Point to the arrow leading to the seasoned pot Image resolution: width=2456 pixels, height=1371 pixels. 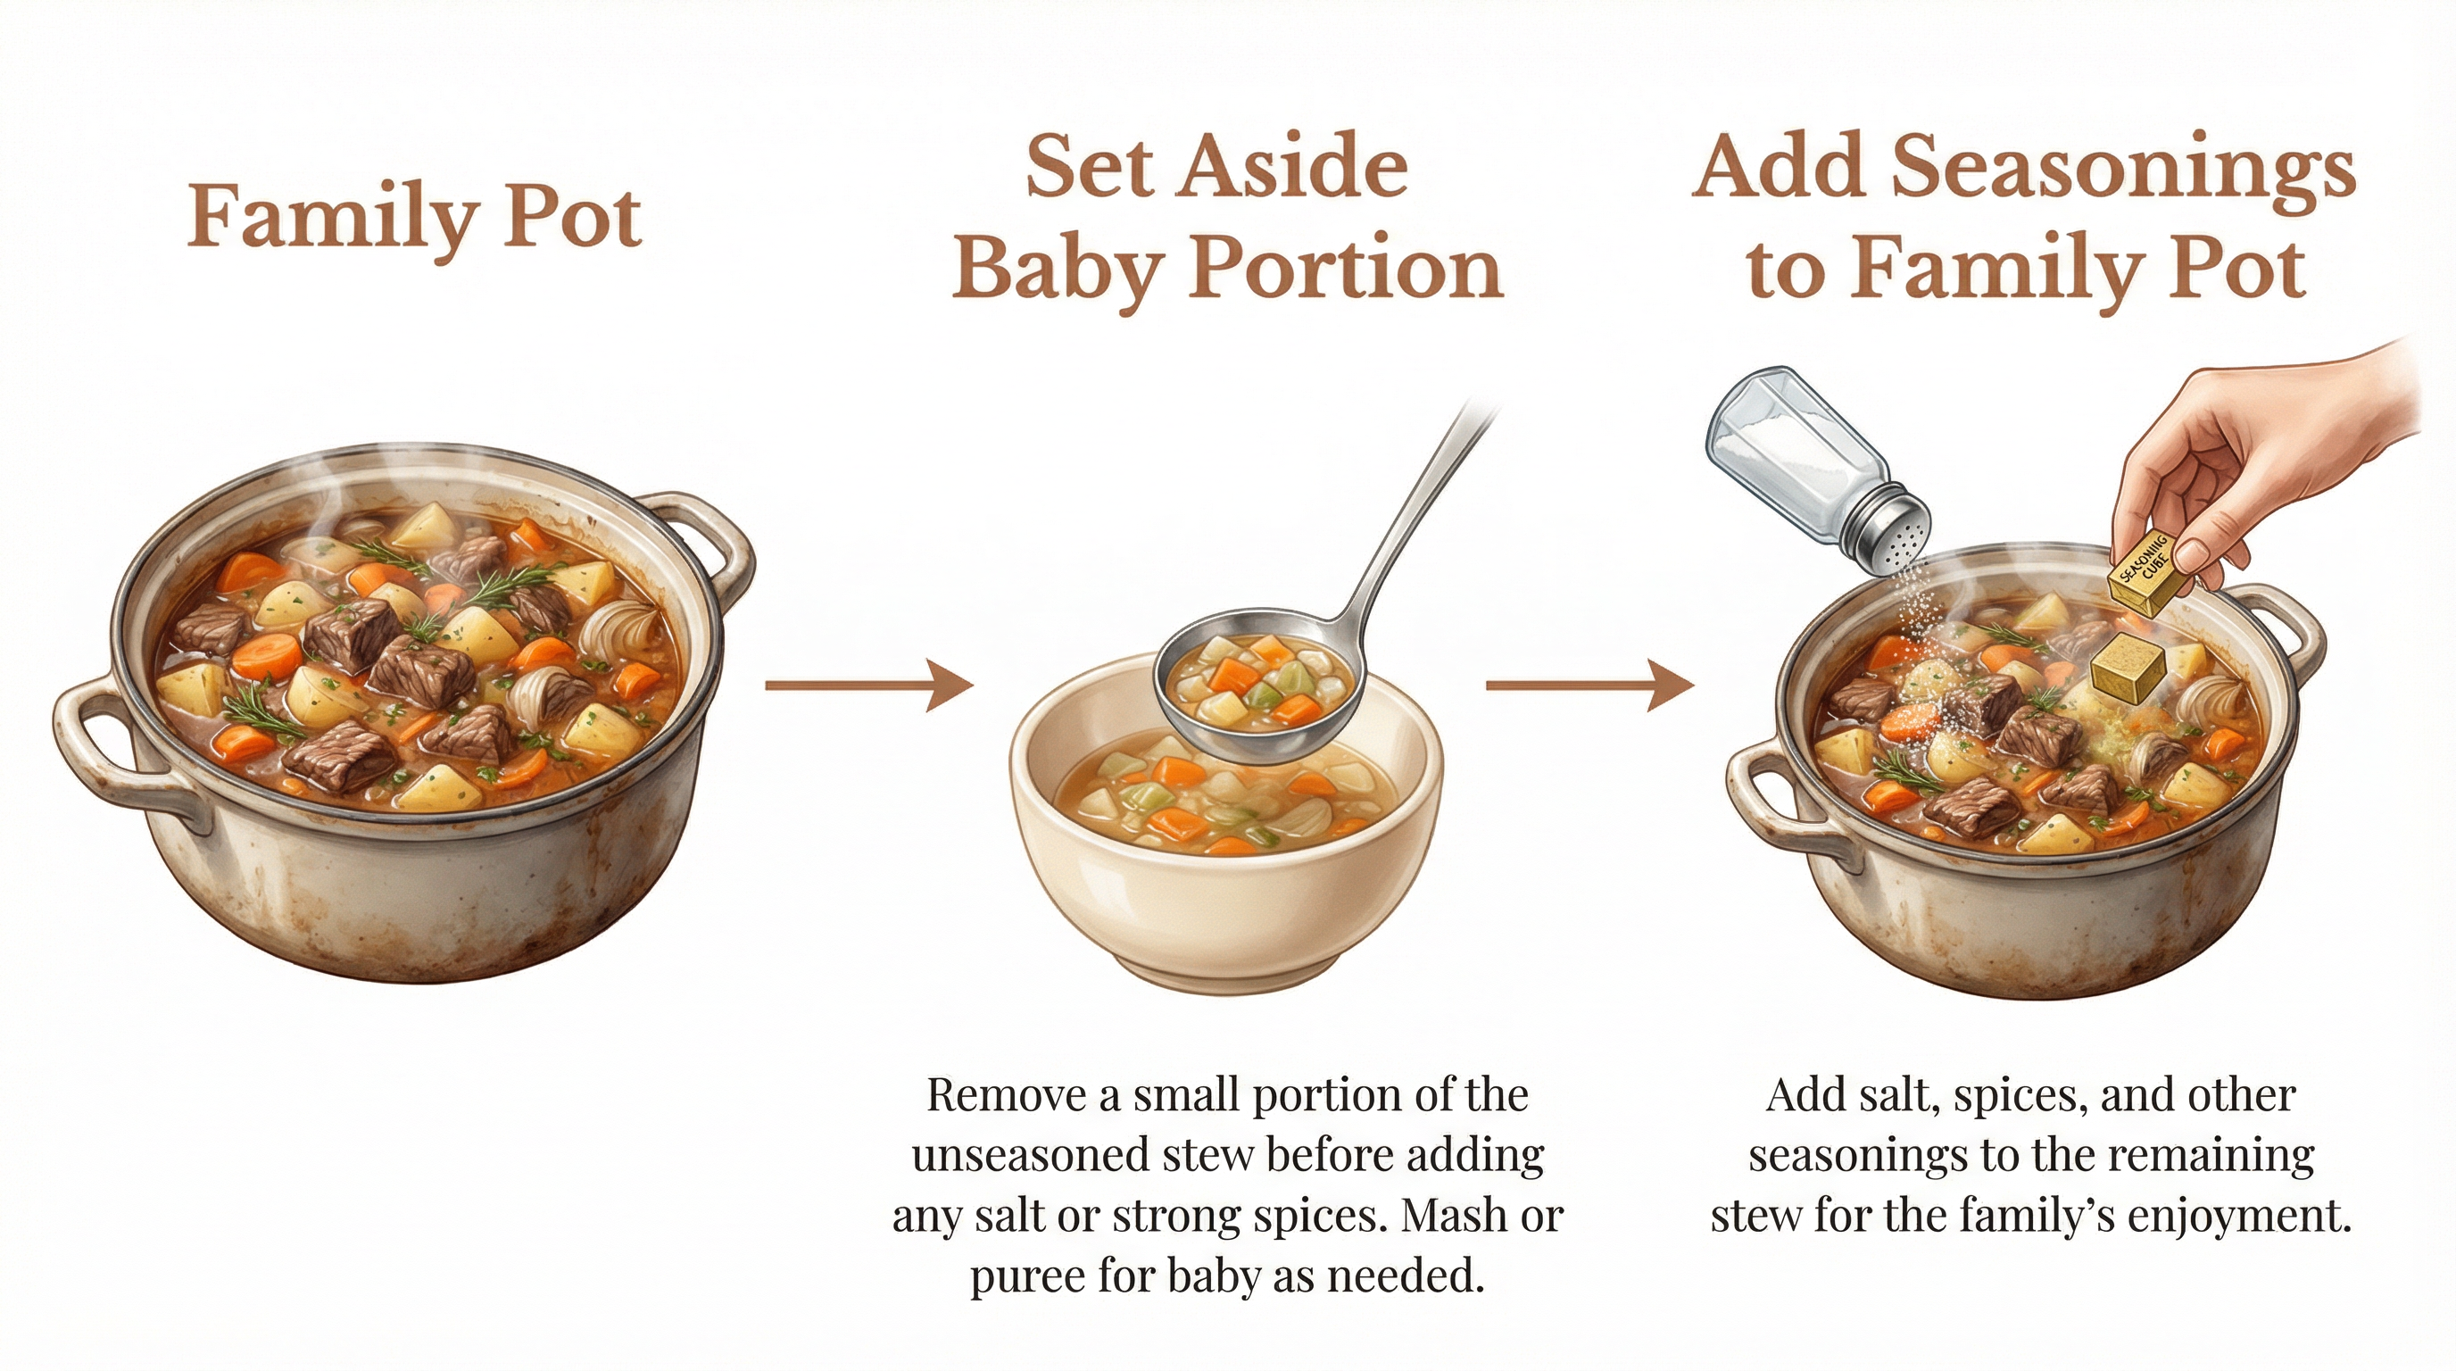click(x=1589, y=684)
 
